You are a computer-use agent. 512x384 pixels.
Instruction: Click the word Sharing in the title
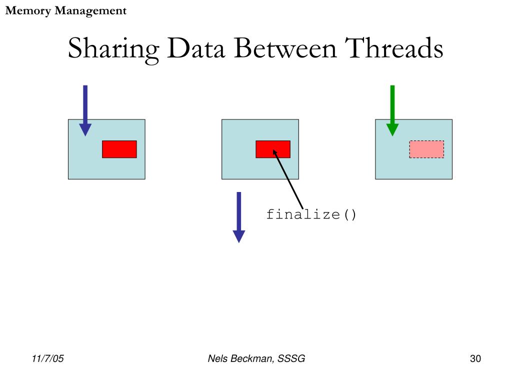(113, 49)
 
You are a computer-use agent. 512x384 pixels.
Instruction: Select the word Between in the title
(286, 49)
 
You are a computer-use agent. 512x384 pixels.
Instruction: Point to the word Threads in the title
(394, 49)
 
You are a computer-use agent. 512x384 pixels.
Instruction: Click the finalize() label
(311, 215)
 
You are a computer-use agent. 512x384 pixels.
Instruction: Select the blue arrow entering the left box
(85, 110)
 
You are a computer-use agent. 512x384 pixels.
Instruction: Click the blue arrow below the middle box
(239, 217)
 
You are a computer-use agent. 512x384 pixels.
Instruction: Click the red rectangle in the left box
(119, 149)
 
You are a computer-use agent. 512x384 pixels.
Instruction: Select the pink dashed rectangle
(426, 149)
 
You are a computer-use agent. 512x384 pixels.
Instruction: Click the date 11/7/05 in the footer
(48, 358)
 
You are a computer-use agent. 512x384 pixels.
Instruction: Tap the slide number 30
(475, 358)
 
